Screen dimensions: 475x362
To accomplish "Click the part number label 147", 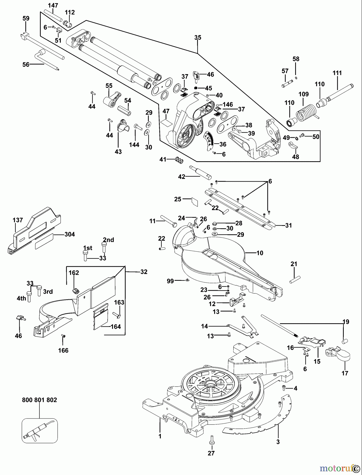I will tap(53, 5).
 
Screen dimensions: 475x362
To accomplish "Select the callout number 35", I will tap(198, 37).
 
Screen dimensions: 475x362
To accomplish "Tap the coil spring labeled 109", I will tap(304, 112).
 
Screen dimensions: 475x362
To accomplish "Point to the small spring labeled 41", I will tap(179, 160).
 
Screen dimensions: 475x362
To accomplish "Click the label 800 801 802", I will tap(39, 400).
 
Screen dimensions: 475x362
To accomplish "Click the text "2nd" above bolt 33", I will tap(108, 240).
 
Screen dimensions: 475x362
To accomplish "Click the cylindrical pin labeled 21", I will tap(295, 280).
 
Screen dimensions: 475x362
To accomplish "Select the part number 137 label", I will tap(18, 220).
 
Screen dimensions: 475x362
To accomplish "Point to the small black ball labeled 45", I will tap(196, 88).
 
